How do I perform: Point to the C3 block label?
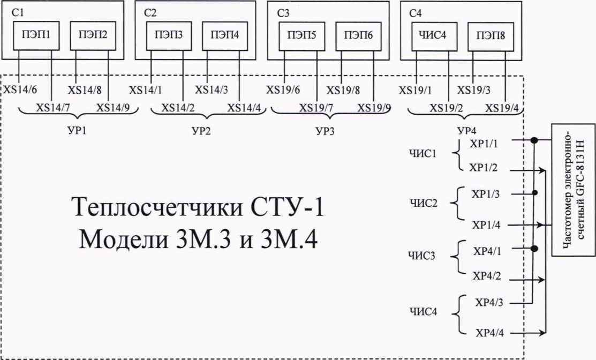[284, 13]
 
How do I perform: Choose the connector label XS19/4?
[502, 108]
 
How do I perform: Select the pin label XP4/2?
[486, 276]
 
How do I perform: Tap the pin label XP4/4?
[489, 333]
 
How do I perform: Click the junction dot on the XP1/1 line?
[533, 141]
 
